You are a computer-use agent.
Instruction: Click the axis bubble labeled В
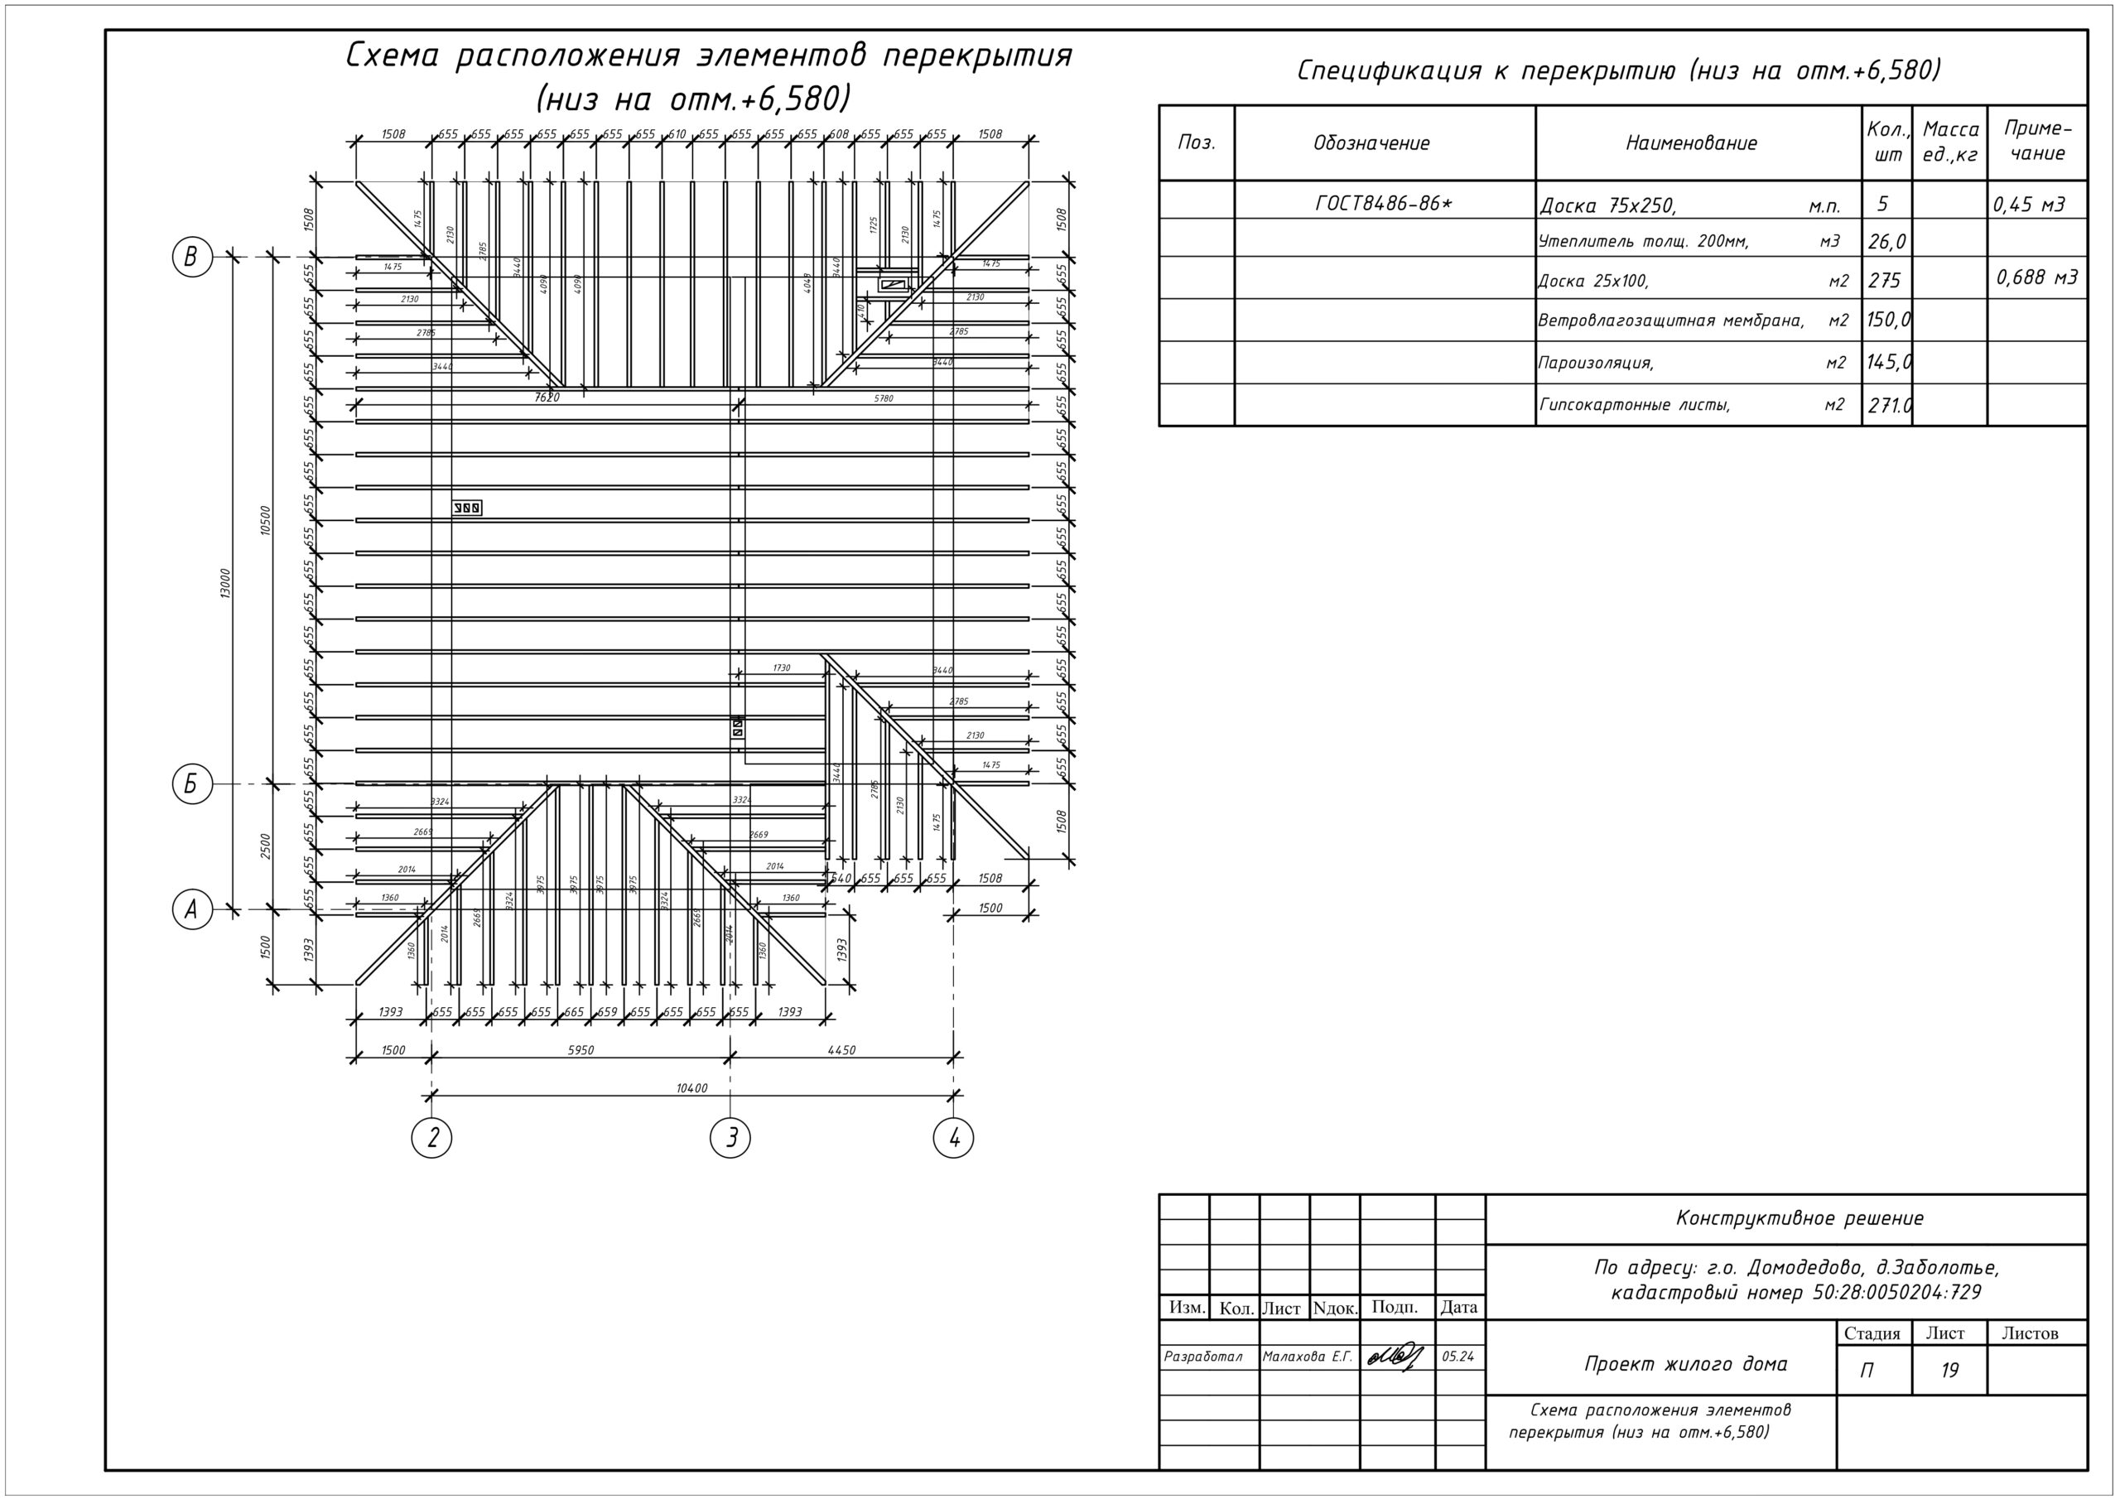[x=192, y=257]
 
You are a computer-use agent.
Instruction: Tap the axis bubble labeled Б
[x=192, y=784]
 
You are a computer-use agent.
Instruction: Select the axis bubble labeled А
[x=192, y=909]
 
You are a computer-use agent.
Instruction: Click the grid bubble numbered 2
[x=431, y=1138]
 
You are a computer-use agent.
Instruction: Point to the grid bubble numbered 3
[x=730, y=1138]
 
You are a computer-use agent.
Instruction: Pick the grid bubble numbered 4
[x=954, y=1138]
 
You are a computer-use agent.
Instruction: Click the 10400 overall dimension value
[x=691, y=1088]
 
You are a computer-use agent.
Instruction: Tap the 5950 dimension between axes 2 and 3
[x=580, y=1050]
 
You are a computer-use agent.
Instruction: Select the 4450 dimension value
[x=841, y=1050]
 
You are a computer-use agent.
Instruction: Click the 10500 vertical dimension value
[x=266, y=521]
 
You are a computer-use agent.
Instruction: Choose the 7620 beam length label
[x=547, y=398]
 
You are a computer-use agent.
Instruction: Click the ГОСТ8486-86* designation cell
[x=1383, y=203]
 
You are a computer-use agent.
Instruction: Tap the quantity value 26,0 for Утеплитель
[x=1886, y=242]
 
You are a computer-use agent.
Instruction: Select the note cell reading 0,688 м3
[x=2037, y=277]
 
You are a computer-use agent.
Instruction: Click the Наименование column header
[x=1691, y=143]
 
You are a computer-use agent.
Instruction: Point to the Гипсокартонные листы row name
[x=1635, y=404]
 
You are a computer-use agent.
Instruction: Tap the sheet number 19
[x=1949, y=1371]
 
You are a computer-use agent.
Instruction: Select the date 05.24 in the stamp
[x=1458, y=1357]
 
